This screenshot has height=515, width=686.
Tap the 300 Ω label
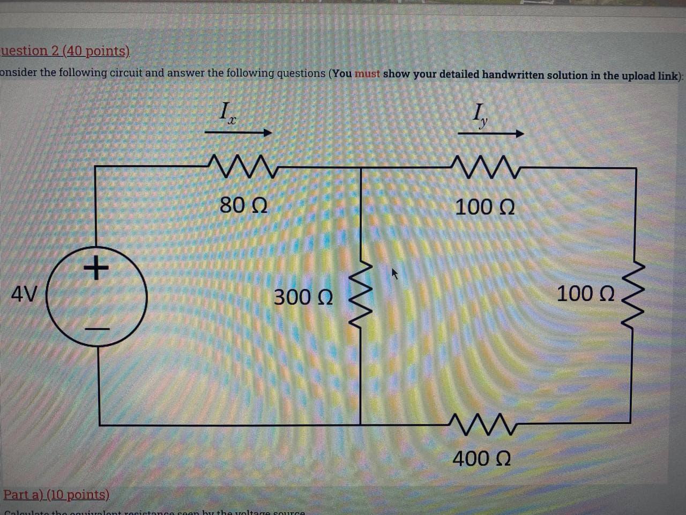(303, 297)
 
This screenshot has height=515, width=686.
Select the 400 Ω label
(481, 459)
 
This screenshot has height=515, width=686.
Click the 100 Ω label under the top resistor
(484, 207)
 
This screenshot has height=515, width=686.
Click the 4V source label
(24, 294)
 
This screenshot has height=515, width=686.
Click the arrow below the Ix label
(238, 133)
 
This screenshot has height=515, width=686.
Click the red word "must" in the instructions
(367, 73)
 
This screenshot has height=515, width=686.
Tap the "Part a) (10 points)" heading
(56, 494)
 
